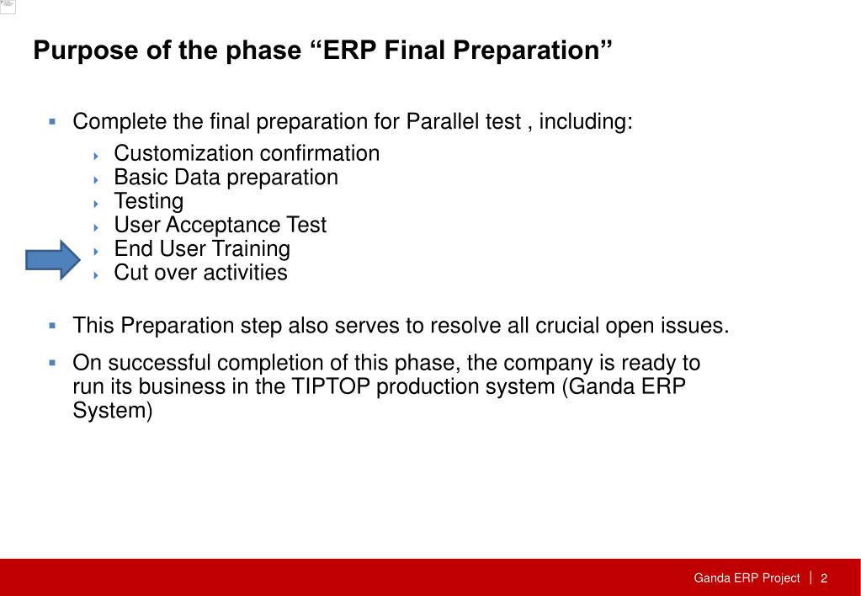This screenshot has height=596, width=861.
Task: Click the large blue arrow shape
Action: pyautogui.click(x=53, y=260)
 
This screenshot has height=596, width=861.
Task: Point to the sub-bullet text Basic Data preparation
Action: pyautogui.click(x=226, y=178)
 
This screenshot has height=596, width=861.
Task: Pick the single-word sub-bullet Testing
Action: pyautogui.click(x=148, y=201)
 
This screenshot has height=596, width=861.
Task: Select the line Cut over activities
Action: pyautogui.click(x=200, y=273)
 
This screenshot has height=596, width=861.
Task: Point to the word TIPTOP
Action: pyautogui.click(x=331, y=386)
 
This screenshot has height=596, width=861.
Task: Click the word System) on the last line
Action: pyautogui.click(x=113, y=410)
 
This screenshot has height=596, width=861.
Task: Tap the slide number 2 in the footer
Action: pyautogui.click(x=824, y=577)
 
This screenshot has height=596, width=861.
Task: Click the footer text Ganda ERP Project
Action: pyautogui.click(x=747, y=577)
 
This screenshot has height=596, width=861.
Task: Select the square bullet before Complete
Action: pyautogui.click(x=52, y=121)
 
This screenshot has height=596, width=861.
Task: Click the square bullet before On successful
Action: pyautogui.click(x=52, y=363)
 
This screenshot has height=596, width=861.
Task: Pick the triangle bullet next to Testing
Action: pyautogui.click(x=96, y=204)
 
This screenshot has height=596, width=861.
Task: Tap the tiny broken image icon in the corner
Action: pyautogui.click(x=8, y=7)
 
